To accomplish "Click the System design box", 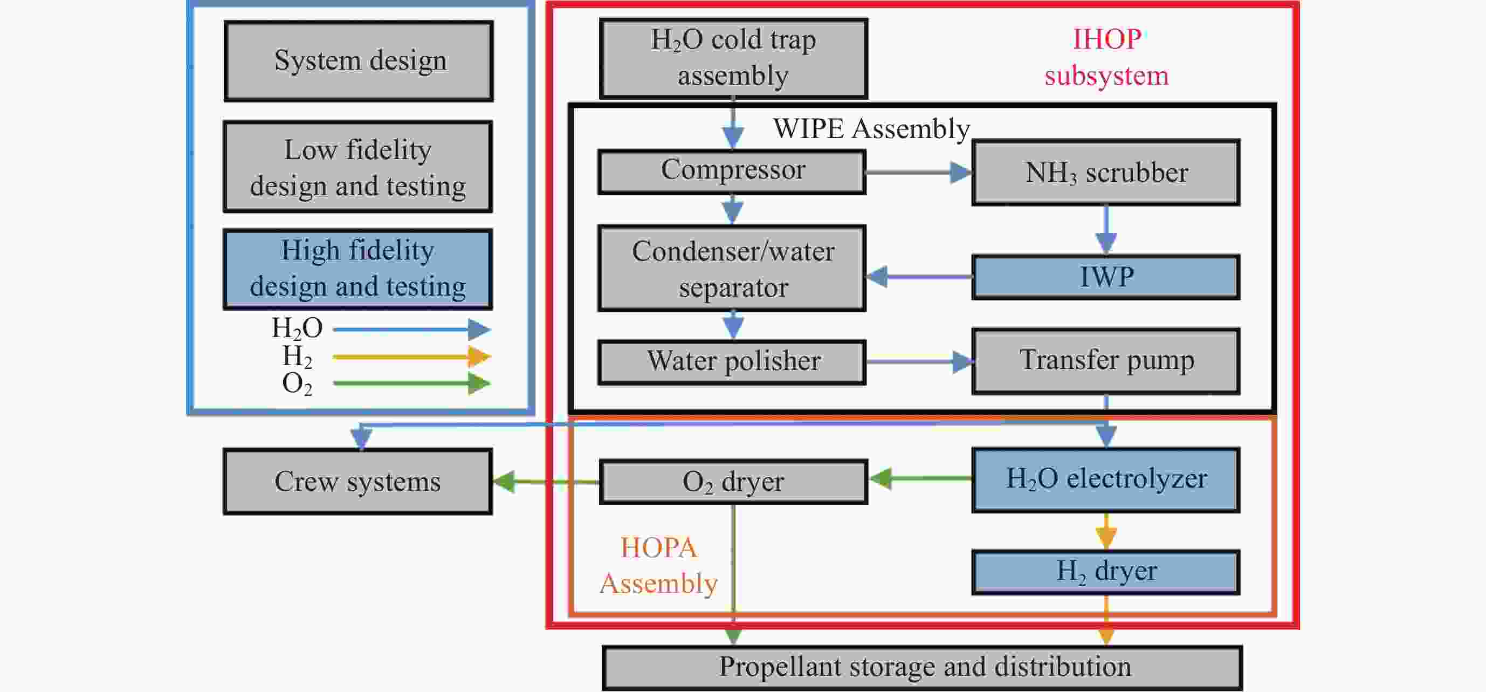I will [358, 61].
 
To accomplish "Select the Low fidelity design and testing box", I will [357, 167].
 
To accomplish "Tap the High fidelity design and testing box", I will [357, 269].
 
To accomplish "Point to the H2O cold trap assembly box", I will [733, 58].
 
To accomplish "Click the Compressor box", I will [732, 172].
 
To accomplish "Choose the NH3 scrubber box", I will [1106, 173].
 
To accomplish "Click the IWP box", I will [1106, 277].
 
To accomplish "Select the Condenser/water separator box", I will [732, 269].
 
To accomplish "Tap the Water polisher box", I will [732, 362].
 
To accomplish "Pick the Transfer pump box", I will [1106, 361].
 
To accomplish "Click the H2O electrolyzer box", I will [1106, 479].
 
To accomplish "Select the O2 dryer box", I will [733, 482].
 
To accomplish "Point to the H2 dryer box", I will [1106, 572].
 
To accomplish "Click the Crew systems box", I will [357, 482].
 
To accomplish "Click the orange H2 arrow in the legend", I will [411, 357].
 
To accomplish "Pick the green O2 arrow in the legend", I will [411, 383].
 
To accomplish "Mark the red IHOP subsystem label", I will [1106, 57].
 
